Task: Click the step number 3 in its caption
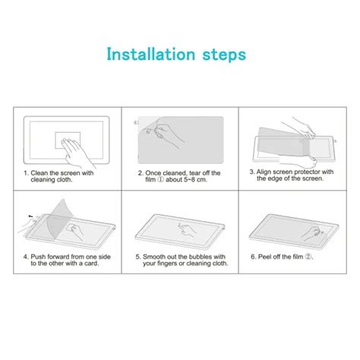[252, 172]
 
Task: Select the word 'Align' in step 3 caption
[266, 172]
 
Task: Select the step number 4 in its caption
[25, 256]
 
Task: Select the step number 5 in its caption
[138, 256]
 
